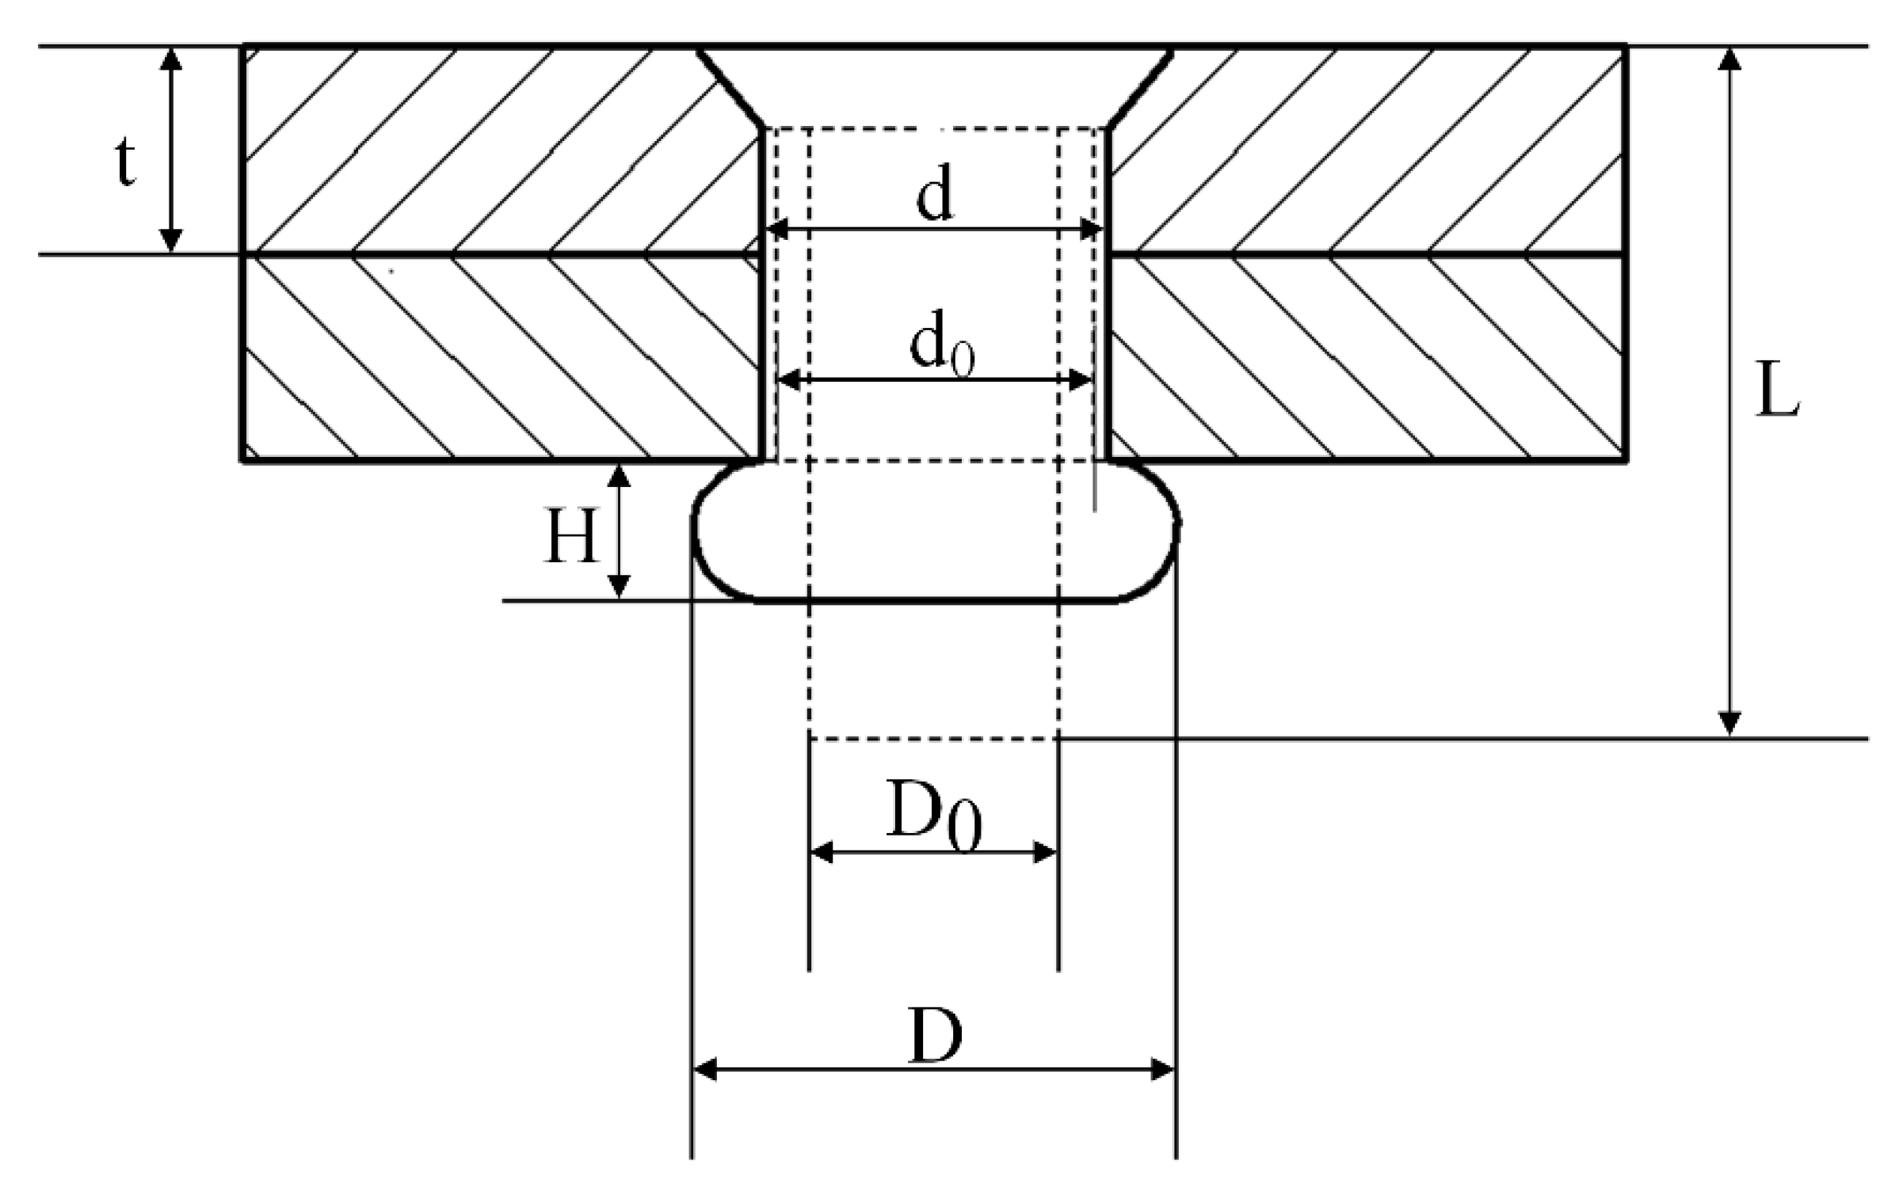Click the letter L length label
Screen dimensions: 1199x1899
(x=1777, y=389)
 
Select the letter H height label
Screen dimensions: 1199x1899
(x=570, y=536)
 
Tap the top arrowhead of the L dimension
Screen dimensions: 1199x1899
(x=1729, y=59)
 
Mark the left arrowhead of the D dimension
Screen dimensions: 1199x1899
(x=705, y=1069)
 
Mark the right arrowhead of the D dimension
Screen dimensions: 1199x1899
(x=1162, y=1069)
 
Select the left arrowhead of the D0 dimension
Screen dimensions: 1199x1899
(x=822, y=853)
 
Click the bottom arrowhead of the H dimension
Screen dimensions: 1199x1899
(x=619, y=586)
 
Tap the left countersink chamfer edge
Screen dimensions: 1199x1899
(x=730, y=88)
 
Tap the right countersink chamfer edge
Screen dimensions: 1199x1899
(x=1141, y=88)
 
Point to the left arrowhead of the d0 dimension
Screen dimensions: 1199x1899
(x=789, y=380)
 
